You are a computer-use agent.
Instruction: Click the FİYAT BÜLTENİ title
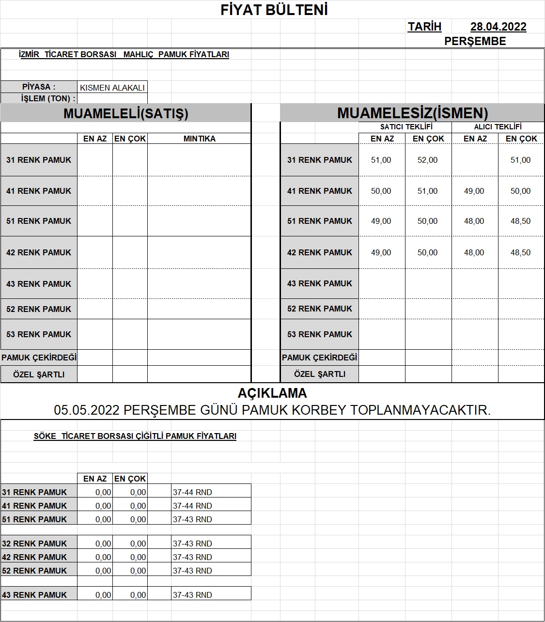(274, 10)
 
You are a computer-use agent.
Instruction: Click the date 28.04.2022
(498, 27)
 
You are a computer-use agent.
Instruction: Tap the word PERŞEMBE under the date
(475, 42)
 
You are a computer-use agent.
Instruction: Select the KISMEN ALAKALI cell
(112, 88)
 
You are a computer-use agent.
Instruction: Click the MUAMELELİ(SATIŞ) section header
(126, 113)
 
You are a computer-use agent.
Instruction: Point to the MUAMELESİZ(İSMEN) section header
(412, 113)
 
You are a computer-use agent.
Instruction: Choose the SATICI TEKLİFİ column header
(406, 127)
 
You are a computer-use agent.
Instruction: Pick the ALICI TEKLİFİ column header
(498, 127)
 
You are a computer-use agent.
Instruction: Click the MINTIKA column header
(199, 139)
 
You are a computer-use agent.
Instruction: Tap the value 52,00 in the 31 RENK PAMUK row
(427, 160)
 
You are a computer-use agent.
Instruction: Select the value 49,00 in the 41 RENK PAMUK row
(474, 191)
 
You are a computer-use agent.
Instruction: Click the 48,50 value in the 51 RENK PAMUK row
(520, 221)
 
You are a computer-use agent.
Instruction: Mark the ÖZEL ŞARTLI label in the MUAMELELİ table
(39, 374)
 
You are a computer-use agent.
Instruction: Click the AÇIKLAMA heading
(272, 393)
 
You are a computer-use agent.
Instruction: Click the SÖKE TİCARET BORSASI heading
(135, 436)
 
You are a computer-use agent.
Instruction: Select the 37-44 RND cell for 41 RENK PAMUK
(192, 506)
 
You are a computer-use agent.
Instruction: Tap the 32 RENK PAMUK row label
(34, 544)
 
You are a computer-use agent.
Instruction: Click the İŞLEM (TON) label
(48, 99)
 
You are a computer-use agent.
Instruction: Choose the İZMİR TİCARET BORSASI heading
(124, 55)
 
